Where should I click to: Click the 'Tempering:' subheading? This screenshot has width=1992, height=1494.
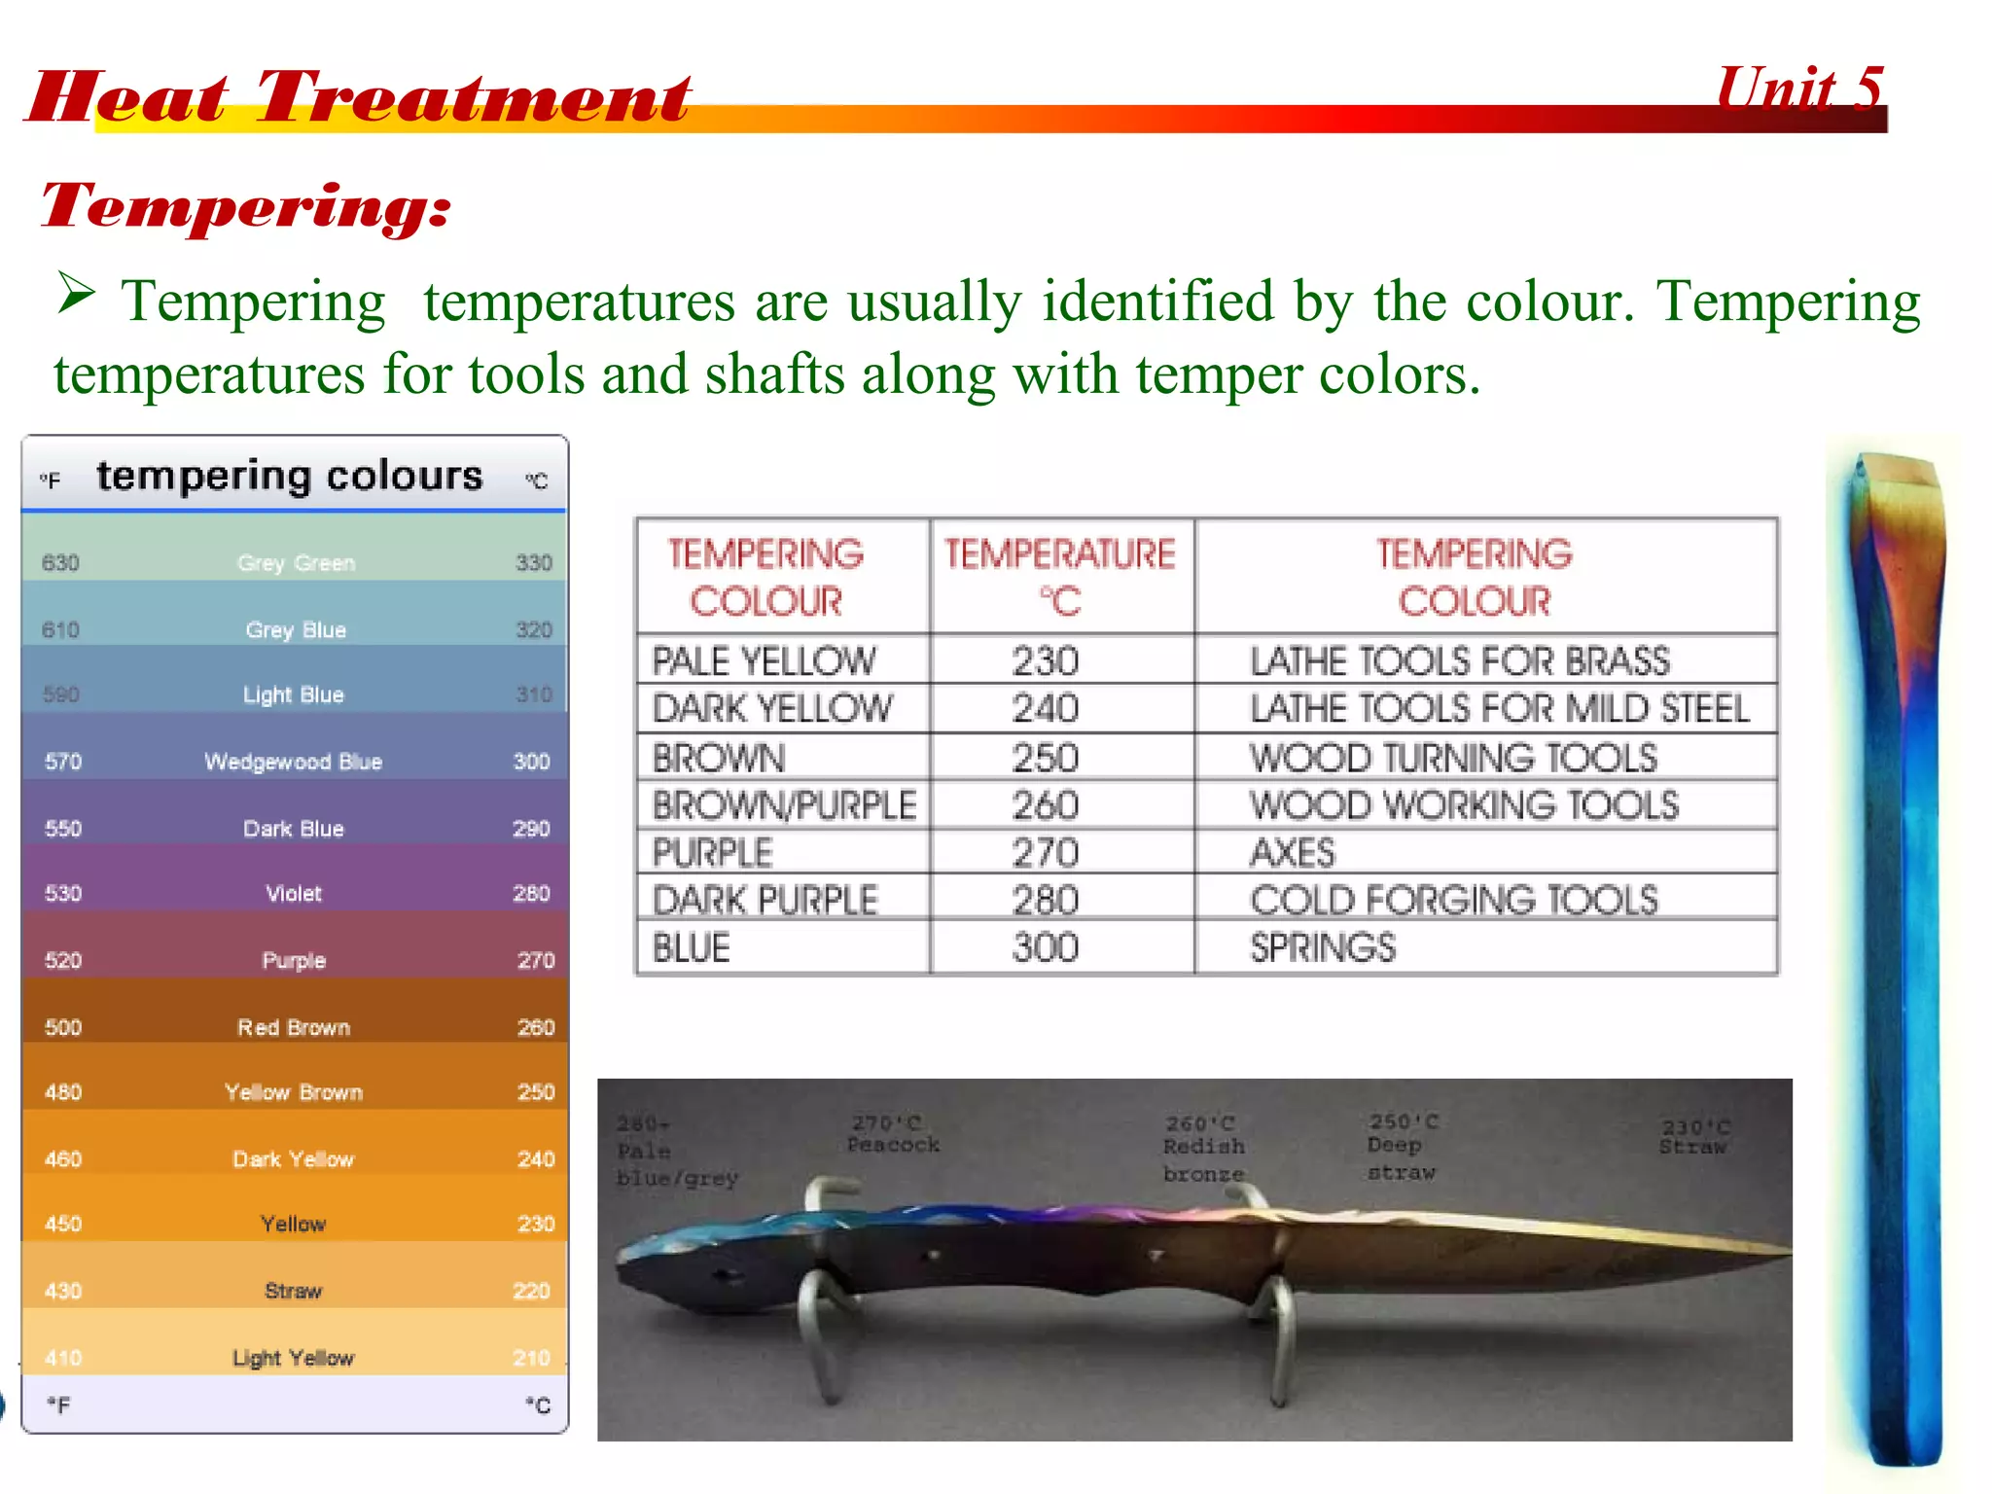click(245, 206)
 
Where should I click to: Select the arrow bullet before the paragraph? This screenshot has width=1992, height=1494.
click(76, 293)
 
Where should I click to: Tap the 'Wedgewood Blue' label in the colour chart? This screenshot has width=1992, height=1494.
click(293, 762)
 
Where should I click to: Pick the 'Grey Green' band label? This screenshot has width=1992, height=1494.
click(296, 563)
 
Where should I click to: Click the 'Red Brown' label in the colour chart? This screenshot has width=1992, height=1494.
click(293, 1027)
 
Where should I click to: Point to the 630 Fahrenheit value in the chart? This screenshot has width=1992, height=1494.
click(60, 563)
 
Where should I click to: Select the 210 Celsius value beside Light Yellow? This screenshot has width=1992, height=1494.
click(531, 1357)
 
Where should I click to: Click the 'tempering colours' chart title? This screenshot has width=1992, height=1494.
click(289, 476)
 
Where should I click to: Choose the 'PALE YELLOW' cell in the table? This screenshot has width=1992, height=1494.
click(764, 661)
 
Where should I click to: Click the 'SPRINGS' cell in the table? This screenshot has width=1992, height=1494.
click(1322, 947)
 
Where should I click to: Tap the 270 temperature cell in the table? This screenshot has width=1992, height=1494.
click(1046, 853)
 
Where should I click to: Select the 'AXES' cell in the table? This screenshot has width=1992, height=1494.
click(1293, 853)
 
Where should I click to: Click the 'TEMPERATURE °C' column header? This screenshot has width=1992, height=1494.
click(1060, 577)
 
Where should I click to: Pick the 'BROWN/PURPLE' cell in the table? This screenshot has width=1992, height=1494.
click(784, 805)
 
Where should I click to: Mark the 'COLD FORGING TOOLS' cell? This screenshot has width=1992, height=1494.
click(1453, 901)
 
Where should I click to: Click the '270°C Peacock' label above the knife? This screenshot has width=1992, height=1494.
click(892, 1134)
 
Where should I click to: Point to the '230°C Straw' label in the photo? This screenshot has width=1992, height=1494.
click(1694, 1136)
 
